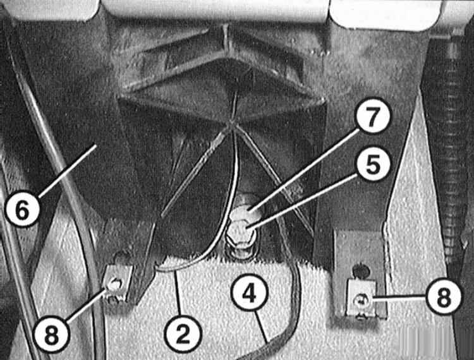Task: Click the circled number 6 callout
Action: [23, 210]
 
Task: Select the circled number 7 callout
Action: [372, 116]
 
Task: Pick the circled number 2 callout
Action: [183, 334]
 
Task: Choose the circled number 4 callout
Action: [250, 294]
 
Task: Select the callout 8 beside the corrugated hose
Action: [444, 297]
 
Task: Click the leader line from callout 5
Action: [302, 201]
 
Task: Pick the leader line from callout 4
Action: [261, 327]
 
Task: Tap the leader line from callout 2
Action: [179, 294]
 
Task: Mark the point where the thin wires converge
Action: [231, 123]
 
